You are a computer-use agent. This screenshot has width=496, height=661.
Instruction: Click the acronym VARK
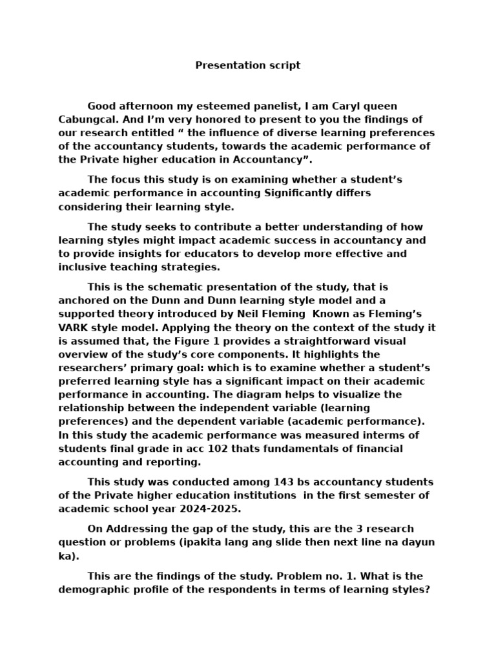coord(72,327)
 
